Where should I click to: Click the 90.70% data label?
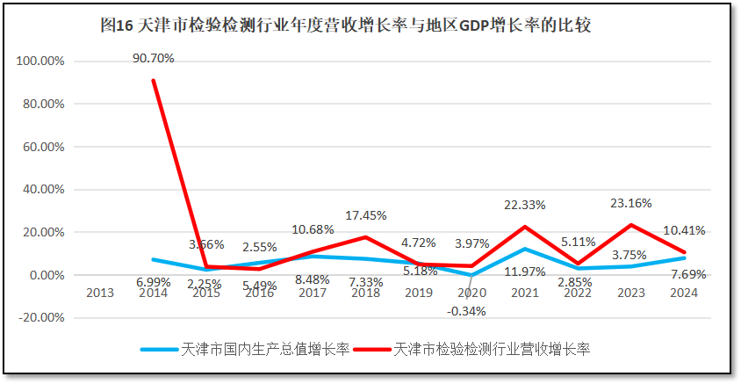[154, 59]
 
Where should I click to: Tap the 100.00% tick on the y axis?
[40, 62]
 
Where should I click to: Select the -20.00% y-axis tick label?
[40, 317]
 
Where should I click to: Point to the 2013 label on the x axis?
[99, 293]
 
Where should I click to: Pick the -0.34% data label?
[466, 310]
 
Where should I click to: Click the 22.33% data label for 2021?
[524, 205]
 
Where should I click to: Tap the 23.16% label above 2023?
[630, 203]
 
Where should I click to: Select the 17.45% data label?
[366, 214]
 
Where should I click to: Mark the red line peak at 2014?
[154, 81]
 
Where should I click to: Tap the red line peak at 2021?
[524, 228]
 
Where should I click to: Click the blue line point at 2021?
[524, 250]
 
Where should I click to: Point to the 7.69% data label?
[685, 274]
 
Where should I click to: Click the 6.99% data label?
[154, 281]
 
